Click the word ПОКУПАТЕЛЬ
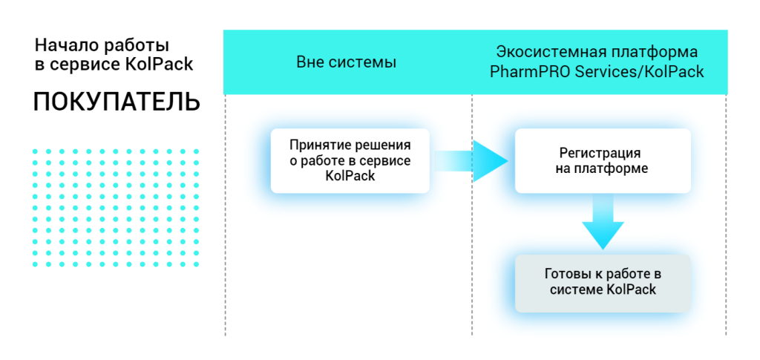(x=117, y=102)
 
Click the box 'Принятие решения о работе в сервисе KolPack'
(x=350, y=160)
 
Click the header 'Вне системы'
(x=346, y=62)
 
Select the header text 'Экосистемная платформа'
(x=597, y=53)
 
